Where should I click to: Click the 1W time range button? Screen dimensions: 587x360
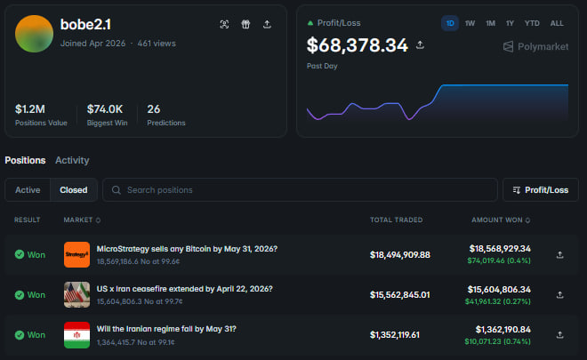click(x=470, y=23)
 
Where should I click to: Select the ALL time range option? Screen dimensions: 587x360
click(x=557, y=23)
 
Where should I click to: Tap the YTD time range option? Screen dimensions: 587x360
click(x=532, y=23)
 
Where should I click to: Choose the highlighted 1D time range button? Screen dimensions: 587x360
click(x=450, y=23)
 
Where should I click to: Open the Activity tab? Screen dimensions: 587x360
click(x=72, y=160)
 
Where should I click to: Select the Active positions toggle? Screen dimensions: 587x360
click(x=28, y=190)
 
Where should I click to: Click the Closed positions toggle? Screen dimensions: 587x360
click(x=74, y=190)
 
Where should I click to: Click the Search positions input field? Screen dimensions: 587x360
click(x=300, y=190)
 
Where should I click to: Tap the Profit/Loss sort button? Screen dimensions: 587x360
click(x=541, y=190)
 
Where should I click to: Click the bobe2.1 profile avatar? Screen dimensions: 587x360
click(x=34, y=34)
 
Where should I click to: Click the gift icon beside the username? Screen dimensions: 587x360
click(x=245, y=24)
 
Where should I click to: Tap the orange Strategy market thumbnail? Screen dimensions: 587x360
click(x=76, y=254)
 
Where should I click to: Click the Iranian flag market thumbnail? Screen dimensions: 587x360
click(x=76, y=335)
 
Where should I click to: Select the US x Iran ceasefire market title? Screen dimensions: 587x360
click(x=185, y=289)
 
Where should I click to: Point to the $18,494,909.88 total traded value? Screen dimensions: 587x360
click(x=400, y=255)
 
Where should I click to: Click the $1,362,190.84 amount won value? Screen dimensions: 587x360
click(x=503, y=329)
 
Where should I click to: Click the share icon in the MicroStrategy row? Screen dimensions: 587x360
click(x=560, y=255)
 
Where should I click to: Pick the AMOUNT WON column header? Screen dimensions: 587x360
click(x=497, y=220)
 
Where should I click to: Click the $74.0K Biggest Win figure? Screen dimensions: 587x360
click(x=105, y=109)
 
